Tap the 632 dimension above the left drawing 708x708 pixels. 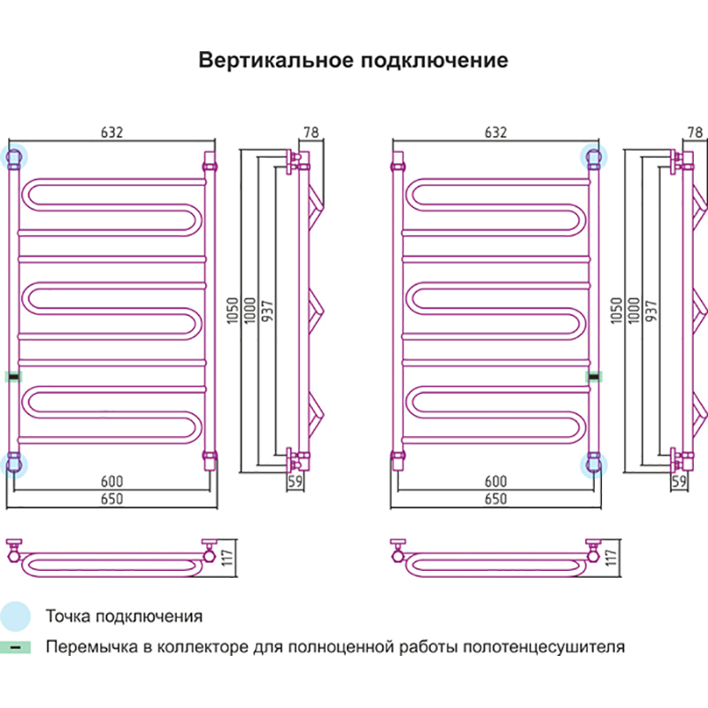click(x=111, y=133)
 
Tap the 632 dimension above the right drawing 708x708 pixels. click(x=496, y=133)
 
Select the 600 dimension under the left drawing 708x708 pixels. click(x=111, y=481)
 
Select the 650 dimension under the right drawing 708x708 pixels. click(x=496, y=498)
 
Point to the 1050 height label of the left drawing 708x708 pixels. click(x=233, y=310)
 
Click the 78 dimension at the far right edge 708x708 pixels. click(x=695, y=133)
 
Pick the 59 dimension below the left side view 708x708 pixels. click(x=296, y=481)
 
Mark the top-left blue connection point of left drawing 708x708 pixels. click(x=14, y=158)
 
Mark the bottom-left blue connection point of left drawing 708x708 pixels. click(x=14, y=462)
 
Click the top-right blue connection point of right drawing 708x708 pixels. click(x=592, y=158)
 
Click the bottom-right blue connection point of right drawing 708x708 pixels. click(x=592, y=462)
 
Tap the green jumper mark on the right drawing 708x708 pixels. click(x=594, y=376)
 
